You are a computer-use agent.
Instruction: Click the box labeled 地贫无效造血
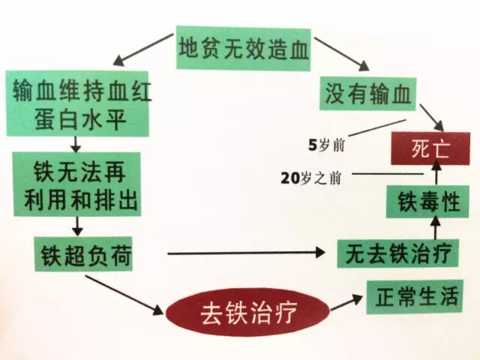(232, 48)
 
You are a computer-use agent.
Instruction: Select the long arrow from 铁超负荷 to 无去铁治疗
(247, 253)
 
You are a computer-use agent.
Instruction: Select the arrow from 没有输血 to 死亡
(430, 114)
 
